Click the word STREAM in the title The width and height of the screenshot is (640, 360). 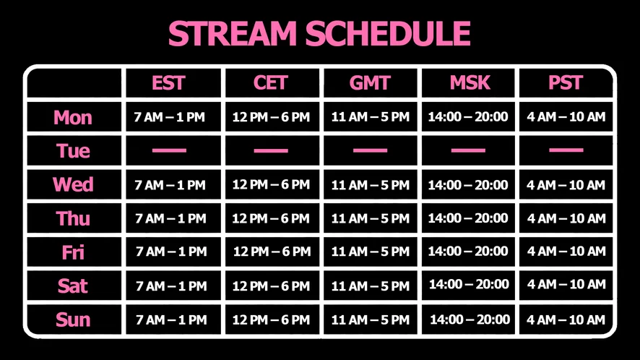233,33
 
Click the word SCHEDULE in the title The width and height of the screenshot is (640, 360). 388,33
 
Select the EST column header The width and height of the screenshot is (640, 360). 168,83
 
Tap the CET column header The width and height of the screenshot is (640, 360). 271,83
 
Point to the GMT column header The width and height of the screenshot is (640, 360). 370,83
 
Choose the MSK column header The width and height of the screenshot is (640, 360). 470,83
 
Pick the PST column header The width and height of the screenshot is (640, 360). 566,83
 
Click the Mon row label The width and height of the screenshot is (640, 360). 73,118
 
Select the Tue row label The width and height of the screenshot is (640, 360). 73,151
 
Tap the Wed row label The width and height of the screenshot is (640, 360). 73,185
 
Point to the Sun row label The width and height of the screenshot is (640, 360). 73,320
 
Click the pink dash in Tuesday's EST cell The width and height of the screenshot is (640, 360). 169,150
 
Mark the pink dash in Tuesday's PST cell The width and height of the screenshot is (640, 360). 566,150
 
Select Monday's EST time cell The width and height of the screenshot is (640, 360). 169,117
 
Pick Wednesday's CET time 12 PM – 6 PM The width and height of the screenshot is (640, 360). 271,185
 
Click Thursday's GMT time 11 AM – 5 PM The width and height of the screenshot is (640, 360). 371,218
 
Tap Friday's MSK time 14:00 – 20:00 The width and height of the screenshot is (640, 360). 468,252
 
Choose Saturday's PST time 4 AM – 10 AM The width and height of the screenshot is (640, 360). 566,284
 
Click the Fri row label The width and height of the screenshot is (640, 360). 73,252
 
